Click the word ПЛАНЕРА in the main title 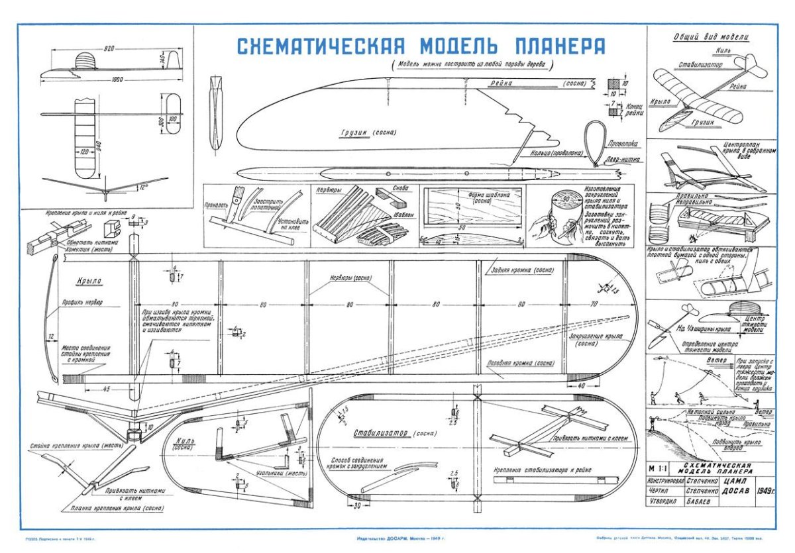click(x=559, y=46)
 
